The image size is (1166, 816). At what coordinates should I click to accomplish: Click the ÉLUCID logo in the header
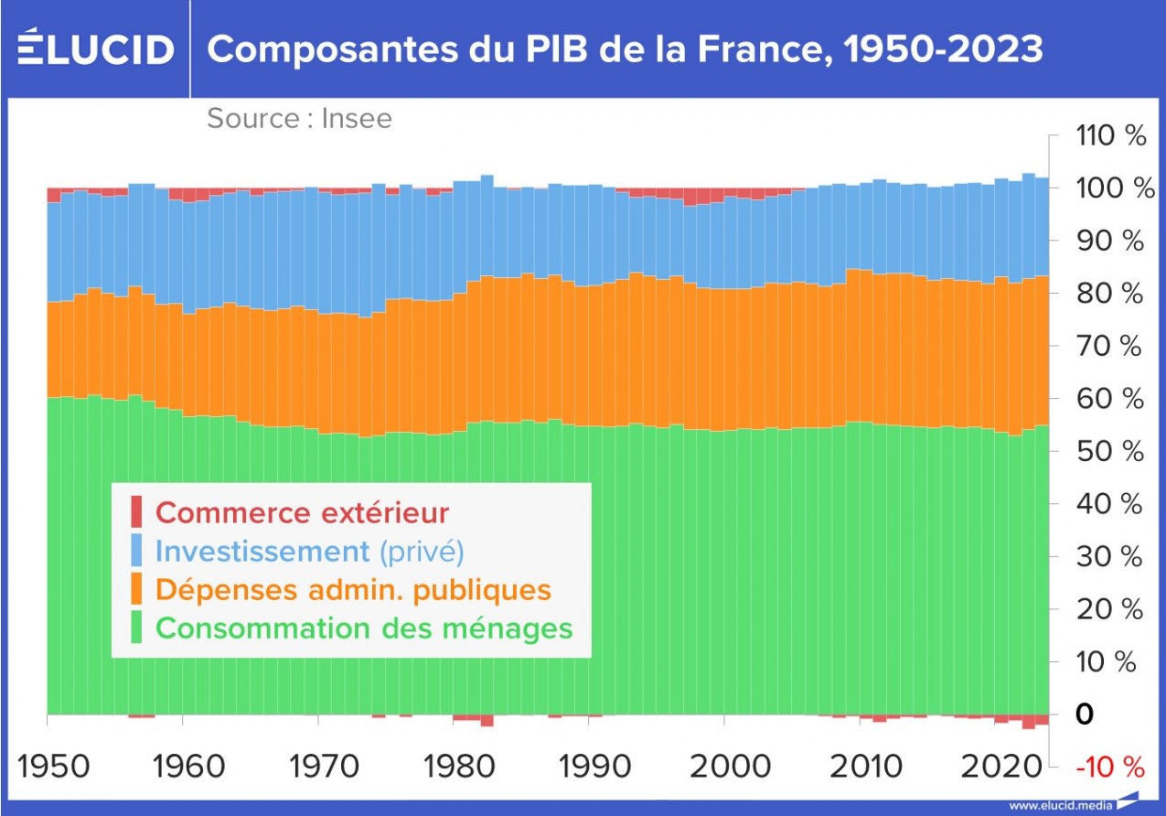[x=95, y=48]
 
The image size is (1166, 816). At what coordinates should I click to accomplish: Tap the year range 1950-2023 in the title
[x=943, y=48]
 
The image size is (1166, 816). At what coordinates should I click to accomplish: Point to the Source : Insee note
[x=299, y=119]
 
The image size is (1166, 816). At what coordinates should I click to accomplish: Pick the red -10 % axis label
[x=1108, y=767]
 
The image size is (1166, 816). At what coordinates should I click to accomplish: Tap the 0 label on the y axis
[x=1085, y=714]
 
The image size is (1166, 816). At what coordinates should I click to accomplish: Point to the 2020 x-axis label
[x=995, y=767]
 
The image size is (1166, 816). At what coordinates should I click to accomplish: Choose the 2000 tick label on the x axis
[x=723, y=767]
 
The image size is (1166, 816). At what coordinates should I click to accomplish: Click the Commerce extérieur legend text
[x=302, y=512]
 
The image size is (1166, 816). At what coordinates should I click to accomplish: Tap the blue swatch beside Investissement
[x=136, y=551]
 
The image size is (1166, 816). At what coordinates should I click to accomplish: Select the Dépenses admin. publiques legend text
[x=353, y=590]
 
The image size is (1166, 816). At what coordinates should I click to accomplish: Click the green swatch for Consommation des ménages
[x=136, y=628]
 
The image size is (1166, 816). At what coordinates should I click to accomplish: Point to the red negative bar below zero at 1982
[x=487, y=720]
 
